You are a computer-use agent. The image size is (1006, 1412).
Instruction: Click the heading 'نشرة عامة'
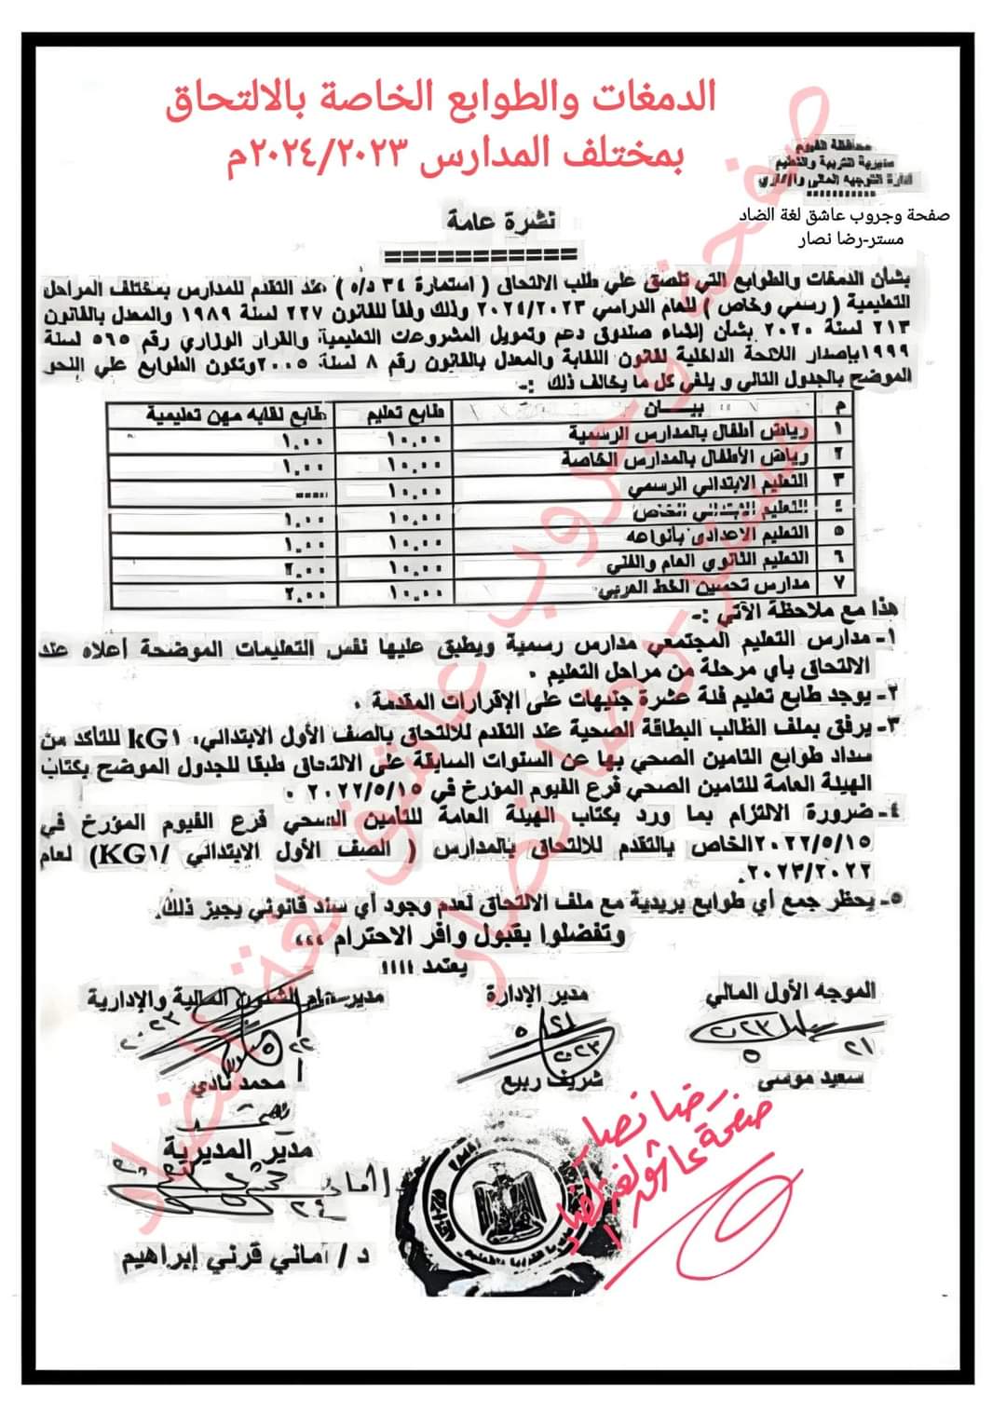coord(499,221)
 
